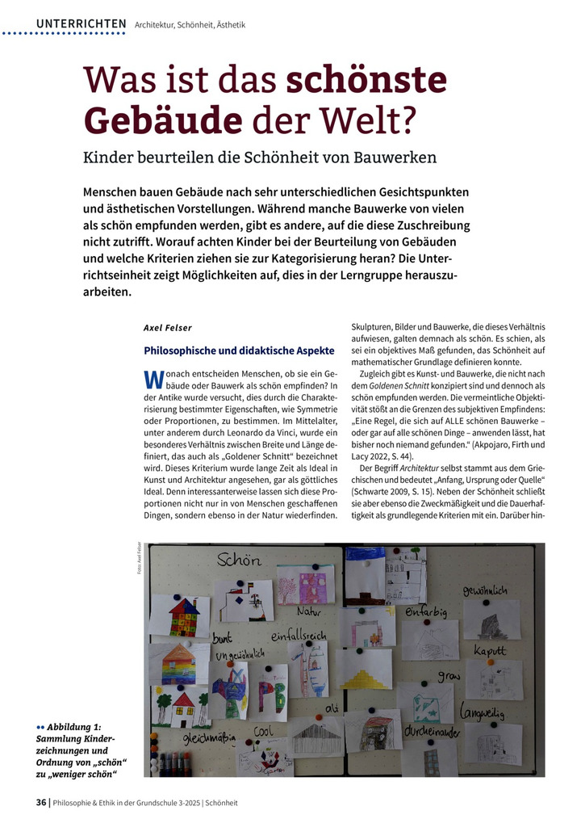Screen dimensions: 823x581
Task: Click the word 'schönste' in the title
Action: (366, 79)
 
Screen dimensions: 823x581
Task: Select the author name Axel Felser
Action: (168, 328)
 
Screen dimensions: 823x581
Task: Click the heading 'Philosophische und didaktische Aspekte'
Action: (239, 351)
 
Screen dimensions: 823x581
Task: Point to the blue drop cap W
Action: (153, 378)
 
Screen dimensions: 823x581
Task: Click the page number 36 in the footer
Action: (40, 802)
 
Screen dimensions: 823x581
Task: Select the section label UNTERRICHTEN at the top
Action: (81, 24)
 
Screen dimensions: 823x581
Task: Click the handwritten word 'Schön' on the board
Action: (239, 559)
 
